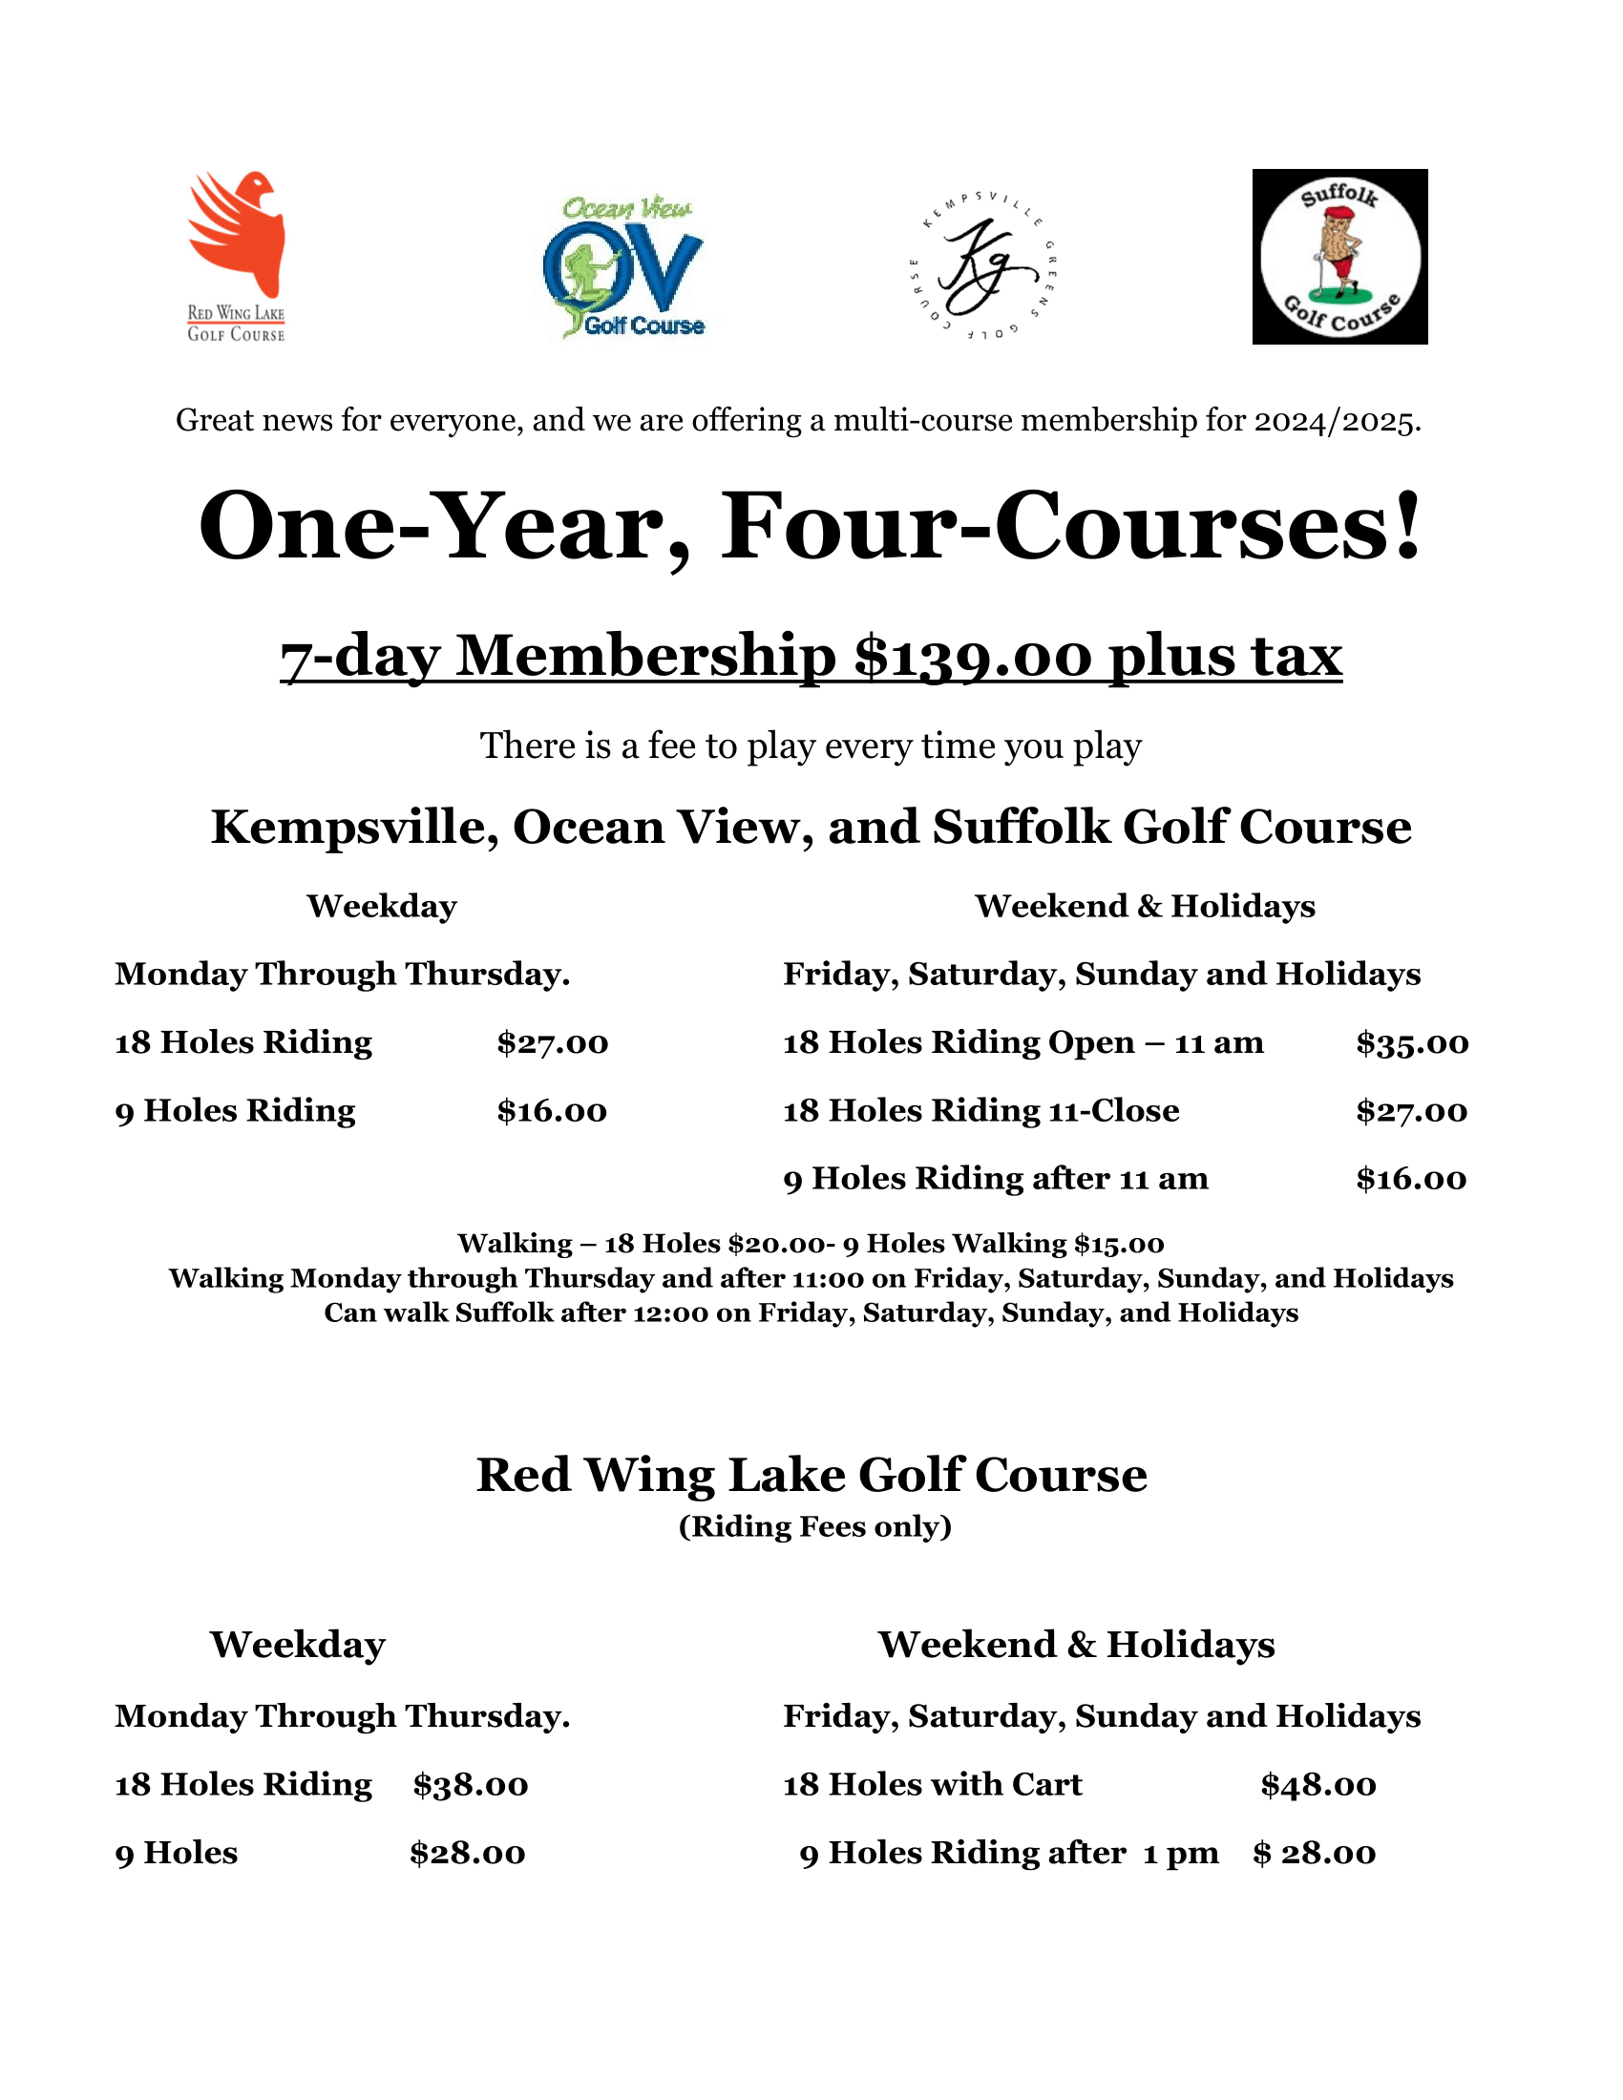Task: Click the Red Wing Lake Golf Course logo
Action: [x=237, y=256]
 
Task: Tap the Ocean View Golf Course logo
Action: [x=625, y=267]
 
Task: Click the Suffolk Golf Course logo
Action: [x=1339, y=257]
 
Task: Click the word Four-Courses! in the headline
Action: [x=1071, y=528]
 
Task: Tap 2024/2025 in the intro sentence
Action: [x=1336, y=421]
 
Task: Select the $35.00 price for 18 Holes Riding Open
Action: [x=1411, y=1043]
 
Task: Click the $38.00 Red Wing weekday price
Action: [x=470, y=1786]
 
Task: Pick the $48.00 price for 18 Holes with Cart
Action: [x=1318, y=1786]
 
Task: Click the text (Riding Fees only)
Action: [x=814, y=1526]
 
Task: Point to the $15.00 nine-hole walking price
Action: [x=1119, y=1244]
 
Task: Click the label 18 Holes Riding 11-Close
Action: [x=980, y=1111]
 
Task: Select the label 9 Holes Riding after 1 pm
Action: [x=1008, y=1853]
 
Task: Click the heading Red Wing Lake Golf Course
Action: [x=811, y=1475]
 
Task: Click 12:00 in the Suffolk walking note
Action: [x=670, y=1313]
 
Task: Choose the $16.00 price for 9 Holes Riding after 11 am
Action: [x=1410, y=1180]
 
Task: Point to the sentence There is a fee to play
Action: [x=811, y=746]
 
